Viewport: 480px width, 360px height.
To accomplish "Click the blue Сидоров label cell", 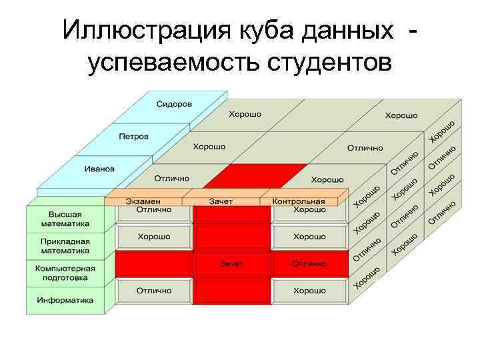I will point(174,105).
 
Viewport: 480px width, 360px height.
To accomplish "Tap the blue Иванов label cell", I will point(99,169).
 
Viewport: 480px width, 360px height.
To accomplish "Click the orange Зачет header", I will point(221,201).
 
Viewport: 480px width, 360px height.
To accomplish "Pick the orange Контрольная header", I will point(298,201).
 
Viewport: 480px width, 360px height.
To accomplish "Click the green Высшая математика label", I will point(65,218).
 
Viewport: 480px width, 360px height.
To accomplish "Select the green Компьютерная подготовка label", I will point(65,273).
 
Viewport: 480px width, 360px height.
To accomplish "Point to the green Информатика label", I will point(65,300).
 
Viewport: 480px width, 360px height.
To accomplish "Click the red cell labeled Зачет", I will point(231,263).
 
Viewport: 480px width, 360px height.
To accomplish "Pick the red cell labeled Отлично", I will point(309,263).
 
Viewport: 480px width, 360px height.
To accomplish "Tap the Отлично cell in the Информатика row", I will point(154,291).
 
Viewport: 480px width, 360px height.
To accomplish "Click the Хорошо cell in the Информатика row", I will point(309,291).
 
